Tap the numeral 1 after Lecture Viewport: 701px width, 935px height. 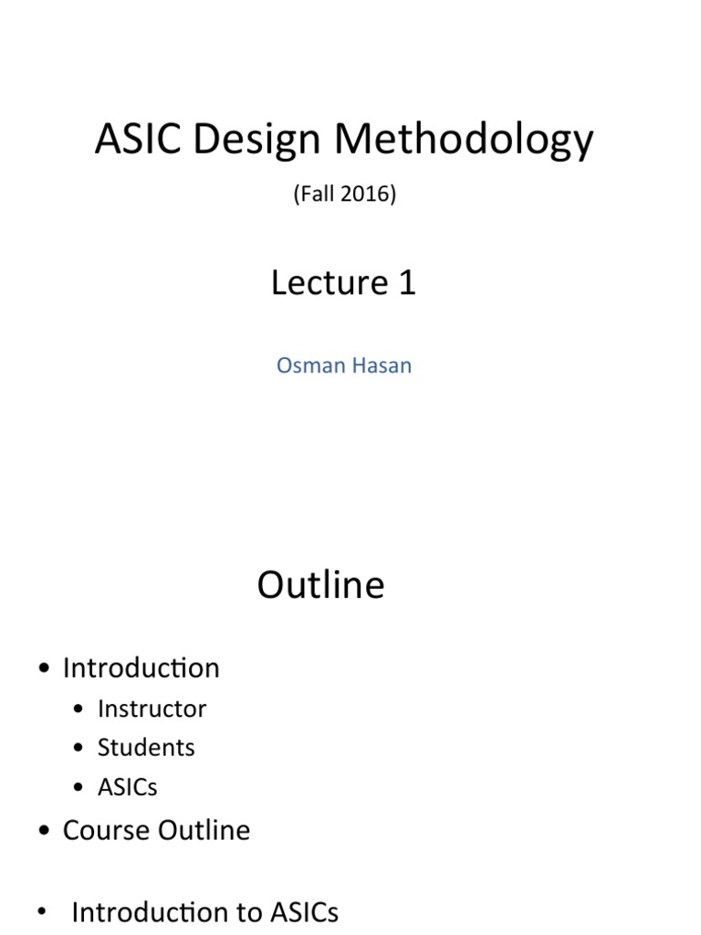407,282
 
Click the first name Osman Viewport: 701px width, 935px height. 308,365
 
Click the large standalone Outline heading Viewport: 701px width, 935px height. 320,585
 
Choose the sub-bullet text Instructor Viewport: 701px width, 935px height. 152,709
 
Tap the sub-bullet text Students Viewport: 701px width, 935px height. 146,747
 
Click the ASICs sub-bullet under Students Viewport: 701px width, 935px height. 127,786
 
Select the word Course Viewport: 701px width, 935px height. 107,830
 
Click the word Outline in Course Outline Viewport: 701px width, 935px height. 204,830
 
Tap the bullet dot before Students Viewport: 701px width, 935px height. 80,749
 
